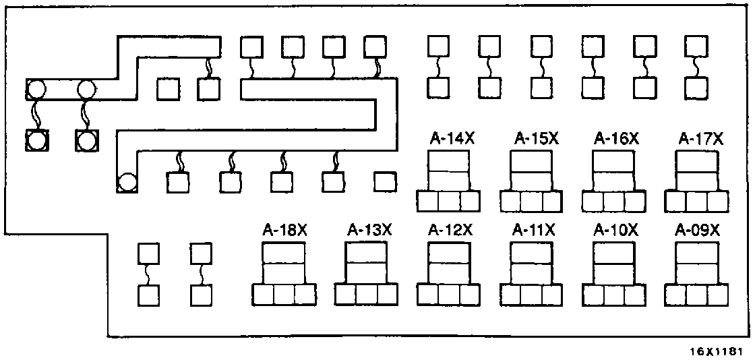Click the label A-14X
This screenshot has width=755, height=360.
pos(452,138)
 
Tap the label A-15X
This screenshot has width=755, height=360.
pos(536,138)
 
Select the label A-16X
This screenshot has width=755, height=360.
pos(616,138)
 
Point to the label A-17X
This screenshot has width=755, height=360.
pos(700,138)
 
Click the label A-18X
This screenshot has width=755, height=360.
pos(284,230)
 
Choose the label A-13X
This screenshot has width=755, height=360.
pos(369,230)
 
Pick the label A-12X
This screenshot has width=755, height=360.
pos(450,230)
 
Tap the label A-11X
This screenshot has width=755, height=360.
pos(533,230)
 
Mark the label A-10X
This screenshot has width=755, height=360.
pos(615,230)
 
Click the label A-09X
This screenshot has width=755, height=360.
pos(698,230)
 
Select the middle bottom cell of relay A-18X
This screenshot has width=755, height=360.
pos(284,295)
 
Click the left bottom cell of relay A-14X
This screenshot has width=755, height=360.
pos(427,202)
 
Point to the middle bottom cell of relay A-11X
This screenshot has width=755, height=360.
pos(531,295)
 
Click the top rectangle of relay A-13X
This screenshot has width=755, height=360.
pos(366,253)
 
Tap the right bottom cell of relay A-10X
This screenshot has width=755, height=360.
pos(635,295)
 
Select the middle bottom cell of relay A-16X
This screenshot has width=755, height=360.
pos(613,202)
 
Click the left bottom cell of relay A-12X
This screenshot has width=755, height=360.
pos(427,295)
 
